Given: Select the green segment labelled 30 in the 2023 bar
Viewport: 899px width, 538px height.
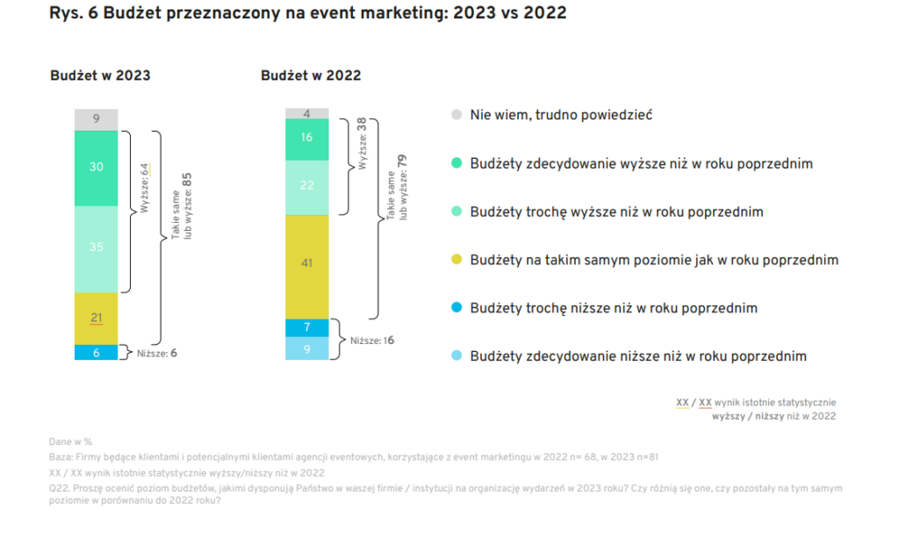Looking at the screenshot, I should click(96, 168).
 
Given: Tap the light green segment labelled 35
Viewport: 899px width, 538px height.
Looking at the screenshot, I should click(96, 248).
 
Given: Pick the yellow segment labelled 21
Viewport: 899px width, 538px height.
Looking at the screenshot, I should click(96, 318).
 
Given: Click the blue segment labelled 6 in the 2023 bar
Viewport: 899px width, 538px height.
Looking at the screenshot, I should click(96, 352).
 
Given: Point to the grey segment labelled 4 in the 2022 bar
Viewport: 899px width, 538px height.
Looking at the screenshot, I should click(306, 113).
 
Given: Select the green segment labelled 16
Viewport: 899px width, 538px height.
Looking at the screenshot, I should click(306, 139).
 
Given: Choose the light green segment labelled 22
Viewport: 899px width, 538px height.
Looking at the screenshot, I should click(306, 186).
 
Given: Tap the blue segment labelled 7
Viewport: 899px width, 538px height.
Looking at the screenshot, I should click(306, 327).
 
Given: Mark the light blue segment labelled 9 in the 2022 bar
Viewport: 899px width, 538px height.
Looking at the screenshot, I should click(306, 348).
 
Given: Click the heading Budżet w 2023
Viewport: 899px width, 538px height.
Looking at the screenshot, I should click(100, 75).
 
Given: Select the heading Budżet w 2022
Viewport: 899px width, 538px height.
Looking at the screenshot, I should click(311, 75).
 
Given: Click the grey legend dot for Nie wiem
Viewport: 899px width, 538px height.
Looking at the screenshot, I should click(456, 115).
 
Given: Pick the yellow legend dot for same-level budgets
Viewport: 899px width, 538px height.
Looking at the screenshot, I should click(456, 260).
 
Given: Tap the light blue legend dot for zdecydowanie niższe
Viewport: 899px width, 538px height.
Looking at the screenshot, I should click(456, 356).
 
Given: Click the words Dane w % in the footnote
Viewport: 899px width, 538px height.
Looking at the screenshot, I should click(71, 442).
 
